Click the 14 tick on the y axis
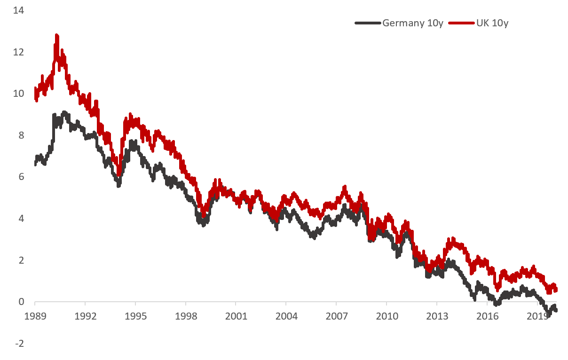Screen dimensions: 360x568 [x=18, y=10]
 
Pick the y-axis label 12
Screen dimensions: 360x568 [x=18, y=52]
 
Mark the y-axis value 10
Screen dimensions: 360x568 [x=18, y=94]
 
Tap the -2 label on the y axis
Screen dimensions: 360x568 [x=19, y=344]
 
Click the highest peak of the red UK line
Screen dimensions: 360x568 [x=57, y=35]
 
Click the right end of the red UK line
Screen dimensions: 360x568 [x=556, y=290]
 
